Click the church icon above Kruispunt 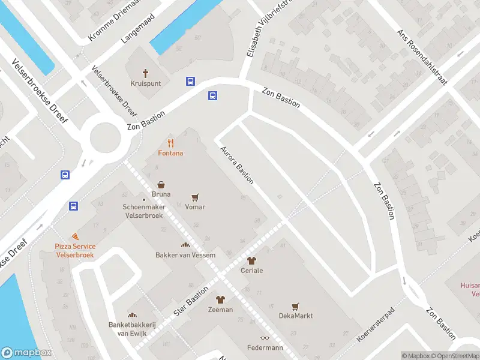point(145,73)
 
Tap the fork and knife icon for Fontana point(171,143)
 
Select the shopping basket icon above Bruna point(161,185)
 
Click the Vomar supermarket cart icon point(195,197)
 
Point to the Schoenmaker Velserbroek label point(143,211)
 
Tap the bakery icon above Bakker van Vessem point(185,245)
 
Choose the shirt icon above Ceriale point(251,260)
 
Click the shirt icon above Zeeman point(220,299)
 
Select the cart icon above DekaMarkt point(295,306)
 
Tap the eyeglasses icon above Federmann point(265,338)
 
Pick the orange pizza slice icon point(75,237)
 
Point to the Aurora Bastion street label point(238,164)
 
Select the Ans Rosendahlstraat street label point(422,58)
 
